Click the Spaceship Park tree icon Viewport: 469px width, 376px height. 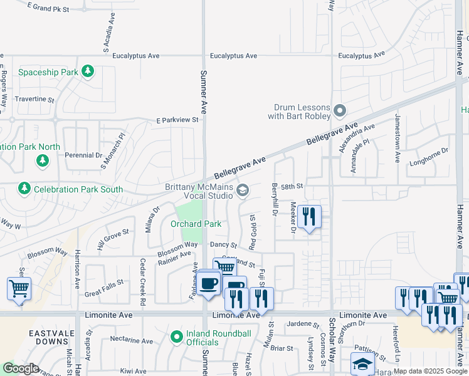point(88,72)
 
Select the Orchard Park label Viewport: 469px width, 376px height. point(196,224)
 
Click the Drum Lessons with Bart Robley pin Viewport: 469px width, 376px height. point(340,112)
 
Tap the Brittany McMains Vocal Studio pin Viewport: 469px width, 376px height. point(243,190)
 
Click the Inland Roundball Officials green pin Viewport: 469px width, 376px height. point(177,337)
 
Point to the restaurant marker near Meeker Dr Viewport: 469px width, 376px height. point(309,217)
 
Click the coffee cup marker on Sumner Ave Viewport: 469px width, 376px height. point(209,283)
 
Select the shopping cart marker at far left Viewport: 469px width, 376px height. point(19,288)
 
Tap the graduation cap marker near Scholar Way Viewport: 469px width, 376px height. point(362,364)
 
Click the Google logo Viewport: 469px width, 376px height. point(21,369)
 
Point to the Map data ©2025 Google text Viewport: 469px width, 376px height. point(429,371)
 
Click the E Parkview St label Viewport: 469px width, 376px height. point(177,120)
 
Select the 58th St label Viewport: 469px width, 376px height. point(292,187)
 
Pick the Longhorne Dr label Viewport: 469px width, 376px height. point(428,151)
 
